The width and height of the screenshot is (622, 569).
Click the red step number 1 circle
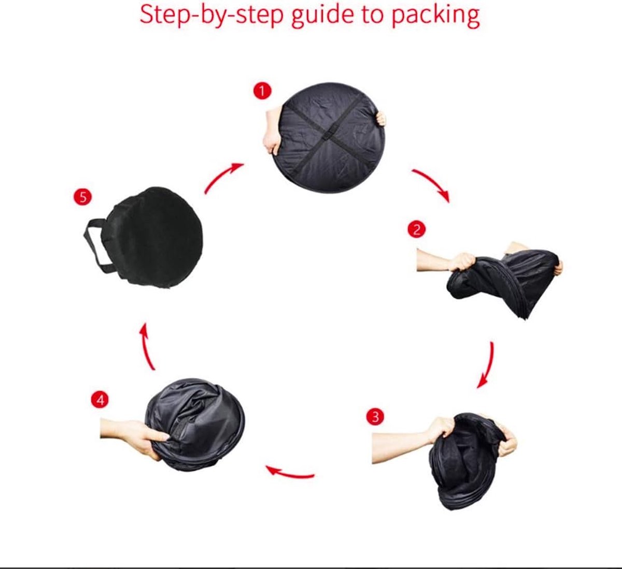click(262, 91)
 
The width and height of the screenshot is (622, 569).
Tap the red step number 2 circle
click(416, 229)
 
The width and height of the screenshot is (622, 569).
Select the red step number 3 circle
click(375, 417)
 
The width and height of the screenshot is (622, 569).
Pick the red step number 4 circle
click(100, 400)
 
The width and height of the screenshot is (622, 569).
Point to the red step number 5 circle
click(82, 197)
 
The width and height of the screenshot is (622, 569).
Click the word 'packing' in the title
click(435, 16)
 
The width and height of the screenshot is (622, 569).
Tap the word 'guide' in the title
click(322, 16)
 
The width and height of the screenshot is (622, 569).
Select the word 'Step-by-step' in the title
click(212, 16)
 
